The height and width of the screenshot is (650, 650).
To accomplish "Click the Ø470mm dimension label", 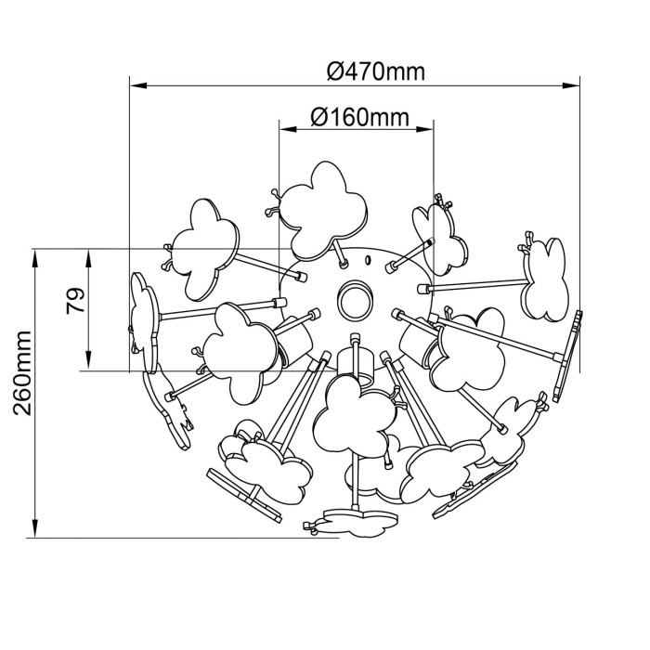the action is [375, 71].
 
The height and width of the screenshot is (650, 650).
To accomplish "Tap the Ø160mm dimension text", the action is [359, 117].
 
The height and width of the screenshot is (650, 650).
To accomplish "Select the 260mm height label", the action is [22, 373].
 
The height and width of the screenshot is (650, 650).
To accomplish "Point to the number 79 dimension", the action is [75, 302].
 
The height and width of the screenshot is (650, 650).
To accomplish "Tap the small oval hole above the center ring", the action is [367, 260].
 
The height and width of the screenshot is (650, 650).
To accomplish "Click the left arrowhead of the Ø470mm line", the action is [138, 85].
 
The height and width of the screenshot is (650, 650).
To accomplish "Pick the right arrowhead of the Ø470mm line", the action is [571, 85].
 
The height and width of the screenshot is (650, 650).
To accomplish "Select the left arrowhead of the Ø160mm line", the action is [288, 129].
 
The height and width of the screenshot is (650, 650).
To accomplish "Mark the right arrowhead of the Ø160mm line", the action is [424, 129].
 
